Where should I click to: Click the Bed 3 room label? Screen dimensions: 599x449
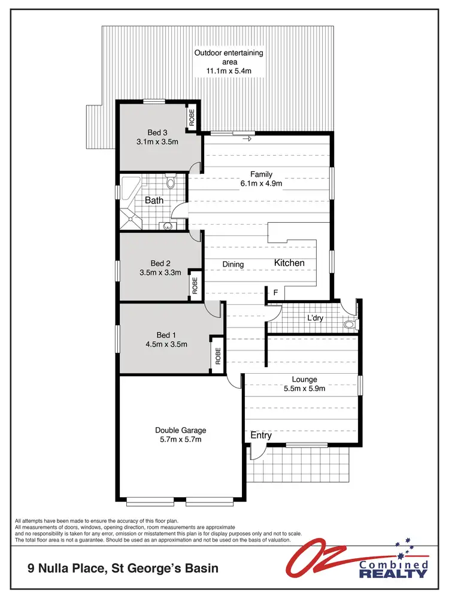pyautogui.click(x=157, y=132)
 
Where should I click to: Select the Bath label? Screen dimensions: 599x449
pyautogui.click(x=154, y=201)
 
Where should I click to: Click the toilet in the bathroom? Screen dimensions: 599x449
pyautogui.click(x=170, y=181)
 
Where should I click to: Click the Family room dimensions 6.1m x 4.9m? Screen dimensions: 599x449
pyautogui.click(x=261, y=184)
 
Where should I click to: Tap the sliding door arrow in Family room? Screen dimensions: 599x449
pyautogui.click(x=247, y=140)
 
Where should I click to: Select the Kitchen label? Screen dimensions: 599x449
pyautogui.click(x=289, y=263)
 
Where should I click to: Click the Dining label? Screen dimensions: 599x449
pyautogui.click(x=233, y=264)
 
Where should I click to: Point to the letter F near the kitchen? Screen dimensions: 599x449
pyautogui.click(x=275, y=293)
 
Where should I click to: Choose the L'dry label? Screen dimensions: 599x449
pyautogui.click(x=315, y=318)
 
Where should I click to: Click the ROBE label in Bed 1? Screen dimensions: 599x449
pyautogui.click(x=218, y=356)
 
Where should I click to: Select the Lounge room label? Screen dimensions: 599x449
pyautogui.click(x=304, y=379)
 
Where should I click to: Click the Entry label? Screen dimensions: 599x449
pyautogui.click(x=261, y=435)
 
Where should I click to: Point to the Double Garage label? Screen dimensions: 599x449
pyautogui.click(x=180, y=430)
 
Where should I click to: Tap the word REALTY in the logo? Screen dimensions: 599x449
pyautogui.click(x=393, y=574)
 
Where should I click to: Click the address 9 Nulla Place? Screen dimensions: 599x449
pyautogui.click(x=66, y=567)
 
